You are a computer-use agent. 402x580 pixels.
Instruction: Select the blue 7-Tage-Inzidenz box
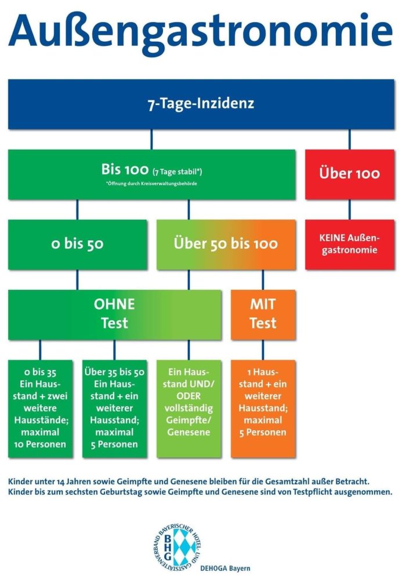pyautogui.click(x=201, y=104)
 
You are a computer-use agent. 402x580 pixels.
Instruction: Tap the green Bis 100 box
pyautogui.click(x=151, y=175)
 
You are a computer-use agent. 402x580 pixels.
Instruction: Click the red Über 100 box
pyautogui.click(x=349, y=175)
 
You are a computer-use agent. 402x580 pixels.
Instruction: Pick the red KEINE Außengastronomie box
pyautogui.click(x=349, y=245)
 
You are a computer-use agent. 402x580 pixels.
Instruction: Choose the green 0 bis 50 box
pyautogui.click(x=77, y=245)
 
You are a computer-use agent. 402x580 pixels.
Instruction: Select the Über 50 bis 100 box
pyautogui.click(x=226, y=245)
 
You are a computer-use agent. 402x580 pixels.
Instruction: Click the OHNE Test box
pyautogui.click(x=115, y=315)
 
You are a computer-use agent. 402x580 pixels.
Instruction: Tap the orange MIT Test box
pyautogui.click(x=263, y=315)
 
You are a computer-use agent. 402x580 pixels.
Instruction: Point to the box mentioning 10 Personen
pyautogui.click(x=40, y=409)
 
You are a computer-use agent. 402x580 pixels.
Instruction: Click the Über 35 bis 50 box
pyautogui.click(x=115, y=409)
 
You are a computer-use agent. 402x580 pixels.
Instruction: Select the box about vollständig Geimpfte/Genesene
pyautogui.click(x=189, y=409)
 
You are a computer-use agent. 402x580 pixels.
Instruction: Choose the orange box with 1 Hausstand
pyautogui.click(x=263, y=409)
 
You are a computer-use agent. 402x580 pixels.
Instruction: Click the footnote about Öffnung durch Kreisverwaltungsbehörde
pyautogui.click(x=151, y=183)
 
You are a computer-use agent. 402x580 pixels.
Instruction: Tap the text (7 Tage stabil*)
pyautogui.click(x=177, y=172)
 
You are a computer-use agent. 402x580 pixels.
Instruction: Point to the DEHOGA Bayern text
pyautogui.click(x=225, y=568)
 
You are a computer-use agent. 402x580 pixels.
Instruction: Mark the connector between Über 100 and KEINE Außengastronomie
pyautogui.click(x=349, y=210)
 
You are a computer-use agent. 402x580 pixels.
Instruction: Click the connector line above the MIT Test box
pyautogui.click(x=263, y=280)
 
